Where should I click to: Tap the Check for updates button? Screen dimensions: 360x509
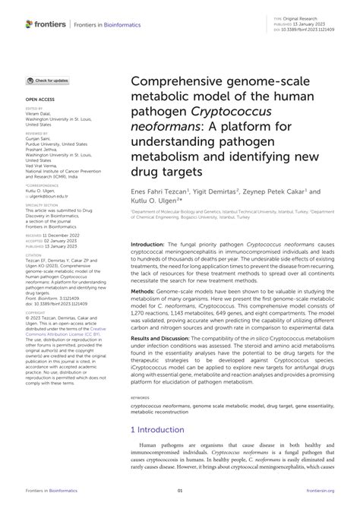pos(49,80)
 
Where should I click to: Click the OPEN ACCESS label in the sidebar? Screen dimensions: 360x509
pos(39,99)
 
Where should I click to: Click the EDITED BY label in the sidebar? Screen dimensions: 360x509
pos(36,109)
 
